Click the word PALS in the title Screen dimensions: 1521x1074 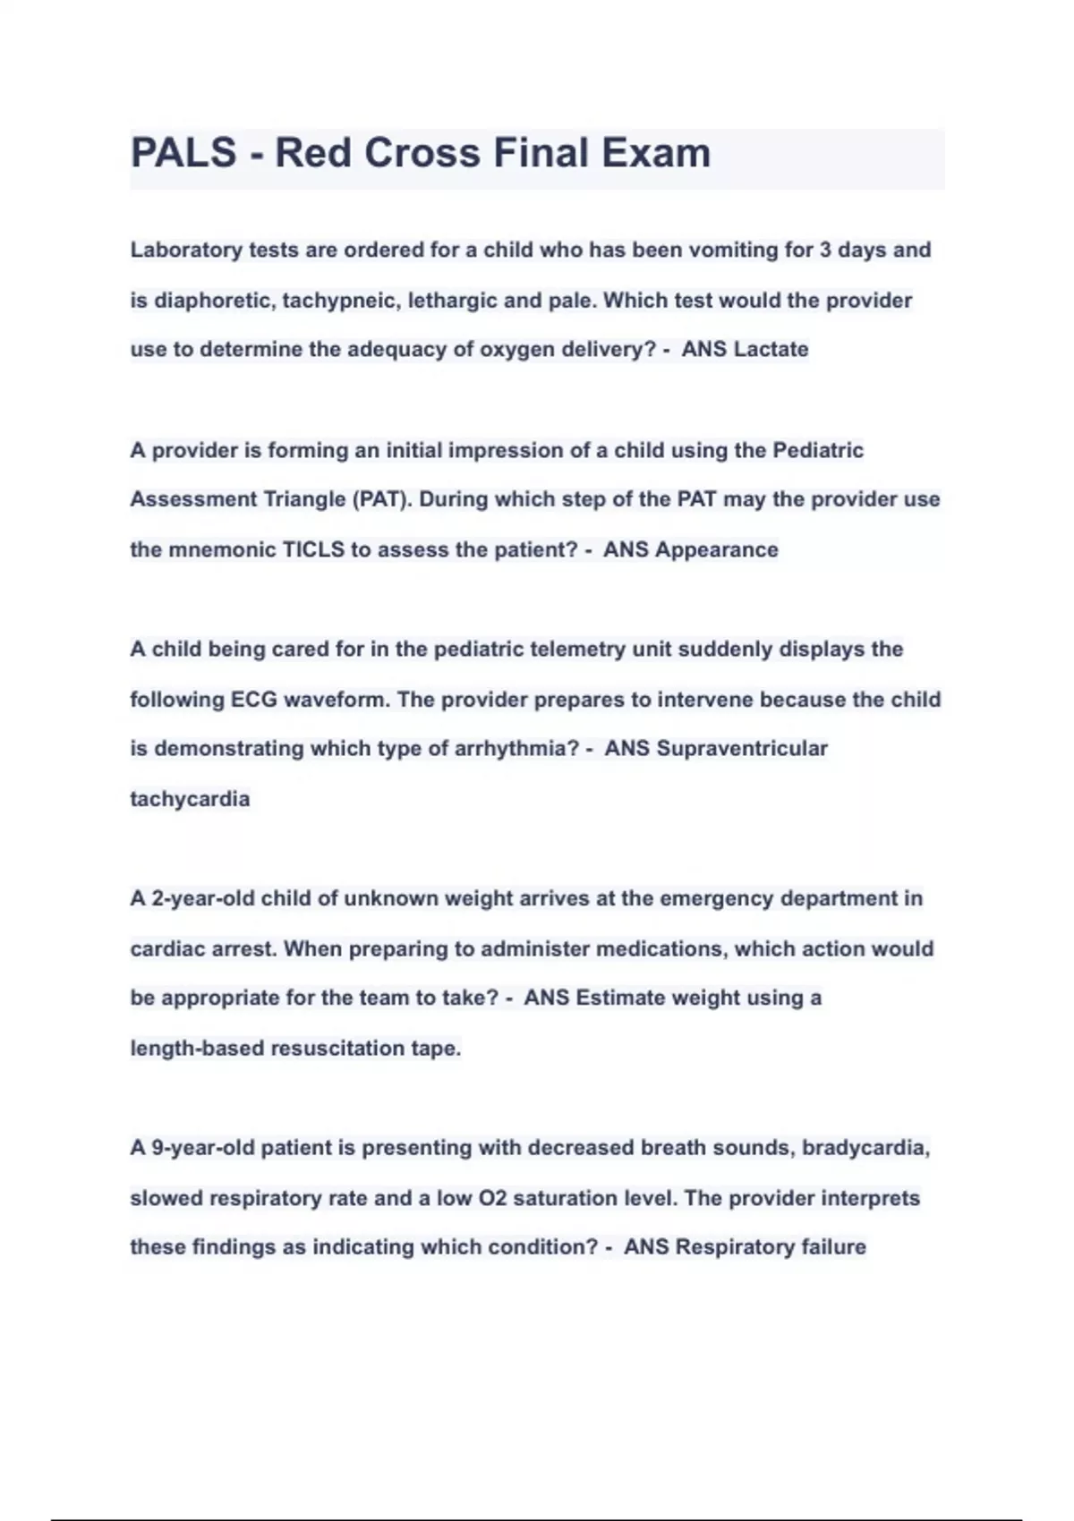point(183,153)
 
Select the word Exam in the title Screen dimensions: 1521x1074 point(656,153)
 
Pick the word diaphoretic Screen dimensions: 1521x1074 point(213,300)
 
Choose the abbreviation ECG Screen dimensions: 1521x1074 point(253,699)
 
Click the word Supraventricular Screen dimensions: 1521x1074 point(742,748)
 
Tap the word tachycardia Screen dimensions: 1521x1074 point(190,798)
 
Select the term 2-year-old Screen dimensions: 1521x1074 point(203,898)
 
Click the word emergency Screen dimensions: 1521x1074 point(715,898)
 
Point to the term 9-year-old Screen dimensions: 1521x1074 point(203,1147)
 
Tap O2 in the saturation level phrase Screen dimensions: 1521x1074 point(494,1197)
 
